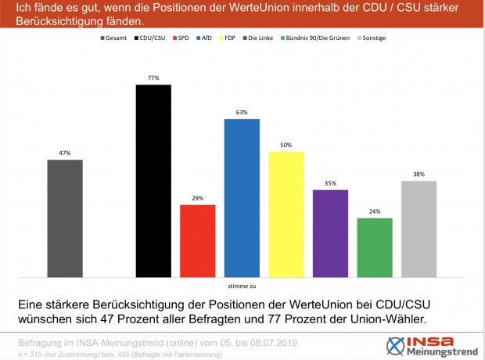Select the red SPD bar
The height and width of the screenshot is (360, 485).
click(x=197, y=240)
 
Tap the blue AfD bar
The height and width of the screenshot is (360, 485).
click(x=242, y=197)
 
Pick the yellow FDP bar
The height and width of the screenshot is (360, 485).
click(x=286, y=214)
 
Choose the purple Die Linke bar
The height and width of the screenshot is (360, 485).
click(x=330, y=233)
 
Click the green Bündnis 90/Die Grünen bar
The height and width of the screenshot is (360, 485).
click(x=374, y=247)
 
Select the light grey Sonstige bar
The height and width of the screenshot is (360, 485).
click(x=419, y=229)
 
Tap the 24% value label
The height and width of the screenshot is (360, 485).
click(x=374, y=212)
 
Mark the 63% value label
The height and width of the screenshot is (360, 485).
click(x=242, y=113)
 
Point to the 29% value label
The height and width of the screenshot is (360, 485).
click(x=197, y=199)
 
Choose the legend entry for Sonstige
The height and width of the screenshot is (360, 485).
click(x=372, y=38)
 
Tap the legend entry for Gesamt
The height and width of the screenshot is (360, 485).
click(x=114, y=38)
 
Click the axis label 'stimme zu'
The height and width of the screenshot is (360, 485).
click(x=241, y=286)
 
